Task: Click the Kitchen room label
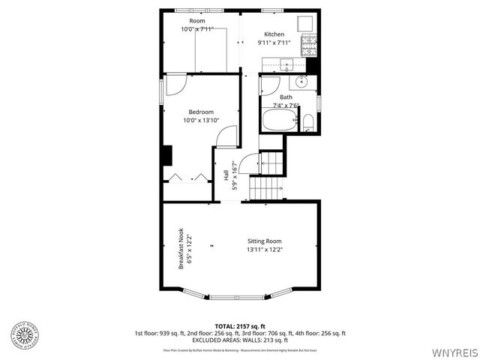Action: click(x=274, y=34)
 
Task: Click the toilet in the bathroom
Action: click(x=308, y=122)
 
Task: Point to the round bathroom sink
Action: click(x=300, y=82)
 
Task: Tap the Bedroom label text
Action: click(x=201, y=112)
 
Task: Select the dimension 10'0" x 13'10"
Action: click(x=201, y=120)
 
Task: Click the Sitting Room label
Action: click(x=265, y=241)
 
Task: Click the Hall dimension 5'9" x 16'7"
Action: click(x=234, y=176)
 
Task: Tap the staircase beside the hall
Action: click(x=268, y=187)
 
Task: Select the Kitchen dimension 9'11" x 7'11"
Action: click(x=274, y=43)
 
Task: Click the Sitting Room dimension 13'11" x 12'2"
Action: click(x=265, y=249)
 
